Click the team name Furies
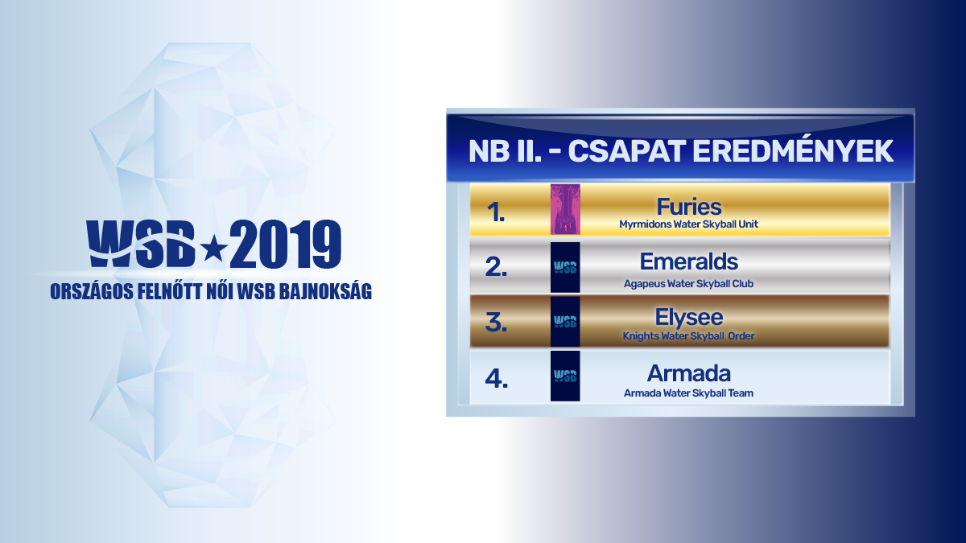pos(689,207)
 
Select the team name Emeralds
pos(689,261)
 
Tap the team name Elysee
pos(689,318)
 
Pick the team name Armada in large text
pos(689,373)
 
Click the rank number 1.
pos(496,212)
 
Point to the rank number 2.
pos(496,267)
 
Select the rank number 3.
pos(496,323)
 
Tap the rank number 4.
pos(496,379)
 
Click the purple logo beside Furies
pos(565,209)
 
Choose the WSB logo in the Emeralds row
pos(565,267)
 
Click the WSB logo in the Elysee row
pos(565,322)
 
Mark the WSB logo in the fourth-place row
pos(565,376)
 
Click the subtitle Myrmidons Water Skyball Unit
pos(689,224)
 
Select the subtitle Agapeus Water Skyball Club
pos(689,284)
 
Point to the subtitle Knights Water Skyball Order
pos(689,336)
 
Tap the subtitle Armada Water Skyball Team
pos(689,393)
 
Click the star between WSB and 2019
pos(214,249)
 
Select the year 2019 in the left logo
pos(285,245)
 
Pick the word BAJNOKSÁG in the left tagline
pos(325,291)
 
